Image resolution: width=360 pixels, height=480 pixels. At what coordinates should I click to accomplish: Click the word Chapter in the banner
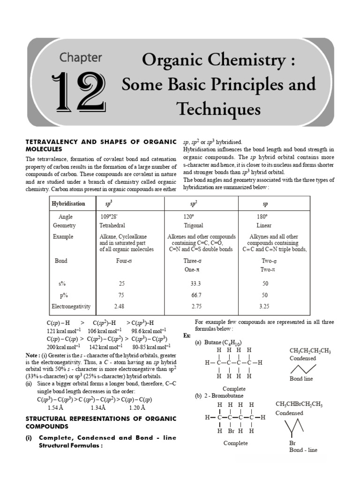click(x=80, y=58)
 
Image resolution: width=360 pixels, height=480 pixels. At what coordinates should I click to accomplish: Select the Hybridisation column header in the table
click(x=68, y=204)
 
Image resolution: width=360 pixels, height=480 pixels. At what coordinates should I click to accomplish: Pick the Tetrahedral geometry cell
click(x=112, y=225)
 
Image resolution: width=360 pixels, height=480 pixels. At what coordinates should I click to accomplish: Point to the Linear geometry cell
click(x=264, y=225)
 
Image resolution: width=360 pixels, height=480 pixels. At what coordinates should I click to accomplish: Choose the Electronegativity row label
click(x=71, y=307)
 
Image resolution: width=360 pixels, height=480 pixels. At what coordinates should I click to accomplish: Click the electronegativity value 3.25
click(x=264, y=307)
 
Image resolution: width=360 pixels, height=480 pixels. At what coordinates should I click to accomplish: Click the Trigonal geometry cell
click(x=193, y=225)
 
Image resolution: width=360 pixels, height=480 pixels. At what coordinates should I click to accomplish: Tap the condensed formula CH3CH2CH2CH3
click(x=310, y=351)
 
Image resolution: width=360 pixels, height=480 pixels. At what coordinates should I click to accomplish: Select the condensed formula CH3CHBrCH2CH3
click(x=306, y=405)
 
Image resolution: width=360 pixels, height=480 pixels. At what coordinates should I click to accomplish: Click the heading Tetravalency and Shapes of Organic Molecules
click(x=101, y=145)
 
